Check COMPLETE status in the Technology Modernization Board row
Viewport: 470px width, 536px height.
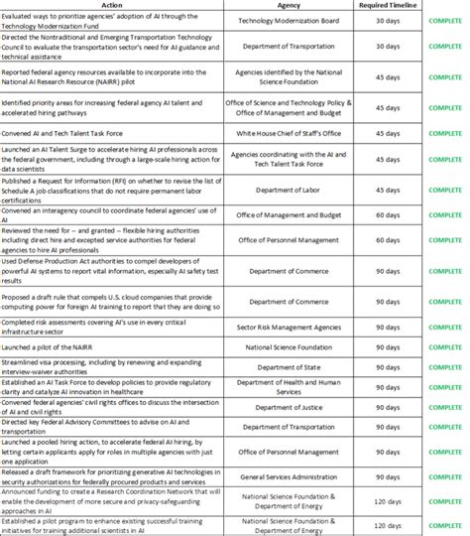click(446, 20)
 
